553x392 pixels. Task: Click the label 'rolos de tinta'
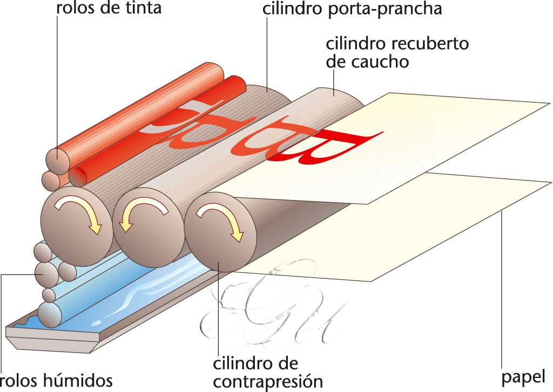109,9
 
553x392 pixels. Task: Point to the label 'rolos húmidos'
57,380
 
